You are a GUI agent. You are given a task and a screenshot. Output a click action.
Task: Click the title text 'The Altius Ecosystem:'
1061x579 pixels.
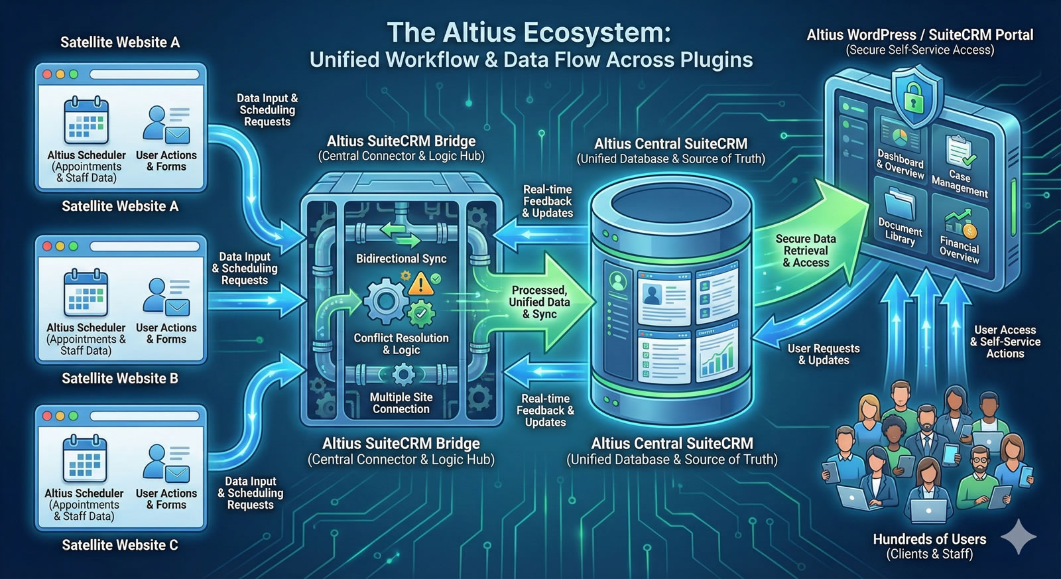[x=529, y=32]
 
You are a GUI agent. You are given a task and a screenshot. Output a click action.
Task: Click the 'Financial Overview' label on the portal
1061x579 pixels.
[x=959, y=250]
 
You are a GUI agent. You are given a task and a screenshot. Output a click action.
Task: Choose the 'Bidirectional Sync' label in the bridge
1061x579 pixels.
[x=401, y=259]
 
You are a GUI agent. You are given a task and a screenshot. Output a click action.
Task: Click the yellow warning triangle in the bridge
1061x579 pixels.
[x=420, y=284]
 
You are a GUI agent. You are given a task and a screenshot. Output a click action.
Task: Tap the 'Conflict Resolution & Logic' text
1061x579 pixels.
[x=401, y=344]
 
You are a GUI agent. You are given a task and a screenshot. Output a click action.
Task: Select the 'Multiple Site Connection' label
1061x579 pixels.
[x=401, y=403]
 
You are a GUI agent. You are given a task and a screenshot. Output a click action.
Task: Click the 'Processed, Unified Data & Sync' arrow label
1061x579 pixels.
[x=539, y=302]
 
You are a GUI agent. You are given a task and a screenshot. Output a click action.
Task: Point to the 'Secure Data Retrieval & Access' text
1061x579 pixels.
[x=806, y=251]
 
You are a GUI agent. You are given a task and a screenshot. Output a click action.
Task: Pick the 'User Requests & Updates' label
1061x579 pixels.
[x=824, y=354]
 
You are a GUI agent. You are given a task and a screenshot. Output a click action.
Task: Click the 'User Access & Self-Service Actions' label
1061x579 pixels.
[x=1005, y=342]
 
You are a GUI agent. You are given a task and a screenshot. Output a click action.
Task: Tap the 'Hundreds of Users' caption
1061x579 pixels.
[x=929, y=539]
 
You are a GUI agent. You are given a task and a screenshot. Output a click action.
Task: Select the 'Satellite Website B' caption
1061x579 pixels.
[x=120, y=379]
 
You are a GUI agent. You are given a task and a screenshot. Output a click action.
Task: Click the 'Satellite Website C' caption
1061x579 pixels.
[x=120, y=545]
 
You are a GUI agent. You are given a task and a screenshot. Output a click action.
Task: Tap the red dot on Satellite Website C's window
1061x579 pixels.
[x=47, y=417]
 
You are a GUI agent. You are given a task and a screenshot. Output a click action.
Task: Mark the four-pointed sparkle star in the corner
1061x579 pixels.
[x=1018, y=537]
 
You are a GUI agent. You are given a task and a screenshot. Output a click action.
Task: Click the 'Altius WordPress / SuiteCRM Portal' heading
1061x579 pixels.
[x=920, y=35]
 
